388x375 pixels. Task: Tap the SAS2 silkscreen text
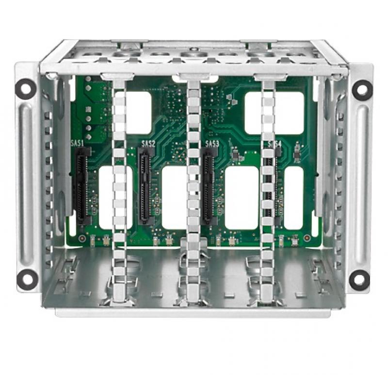click(148, 144)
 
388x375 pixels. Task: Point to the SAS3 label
click(212, 144)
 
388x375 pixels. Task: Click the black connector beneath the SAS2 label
click(145, 184)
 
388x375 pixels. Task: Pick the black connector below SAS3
click(209, 184)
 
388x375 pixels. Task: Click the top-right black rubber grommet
click(361, 89)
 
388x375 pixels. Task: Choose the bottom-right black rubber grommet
click(359, 279)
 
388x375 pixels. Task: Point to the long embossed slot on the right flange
click(361, 184)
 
